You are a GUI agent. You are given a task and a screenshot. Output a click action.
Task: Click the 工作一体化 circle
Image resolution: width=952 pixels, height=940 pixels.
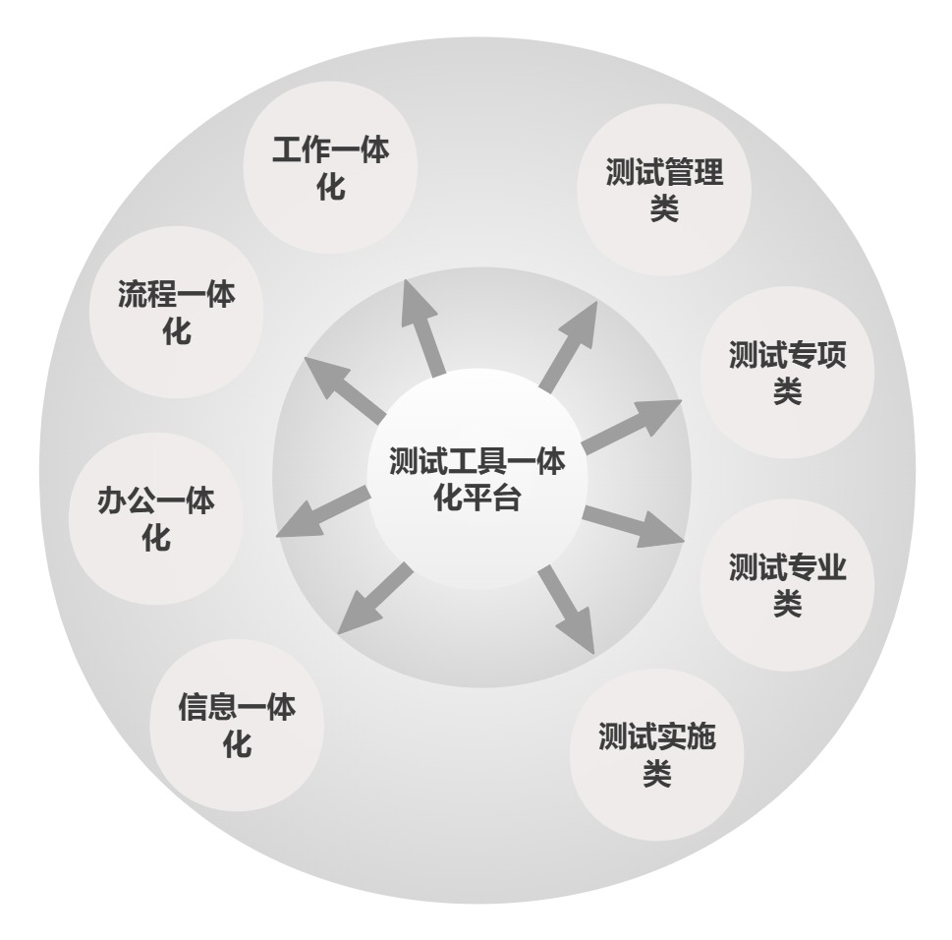point(330,168)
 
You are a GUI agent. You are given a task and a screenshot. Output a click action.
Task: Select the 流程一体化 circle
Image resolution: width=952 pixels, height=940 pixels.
point(176,313)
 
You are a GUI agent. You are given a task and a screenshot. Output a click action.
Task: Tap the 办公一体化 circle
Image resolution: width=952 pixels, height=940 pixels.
point(155,518)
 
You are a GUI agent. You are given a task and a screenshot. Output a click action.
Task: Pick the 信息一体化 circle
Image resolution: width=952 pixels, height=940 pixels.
point(237,725)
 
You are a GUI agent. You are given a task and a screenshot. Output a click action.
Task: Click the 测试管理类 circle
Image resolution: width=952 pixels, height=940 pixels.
point(664,190)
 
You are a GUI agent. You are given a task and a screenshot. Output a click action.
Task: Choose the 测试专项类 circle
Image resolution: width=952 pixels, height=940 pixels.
point(788,372)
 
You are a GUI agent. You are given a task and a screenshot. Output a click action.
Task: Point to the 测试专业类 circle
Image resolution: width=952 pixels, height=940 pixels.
point(788,584)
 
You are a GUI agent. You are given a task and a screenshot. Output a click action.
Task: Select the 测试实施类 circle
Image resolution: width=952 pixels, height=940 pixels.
point(657,755)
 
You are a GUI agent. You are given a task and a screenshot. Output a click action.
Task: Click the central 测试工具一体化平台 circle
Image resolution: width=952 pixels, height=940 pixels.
point(477,479)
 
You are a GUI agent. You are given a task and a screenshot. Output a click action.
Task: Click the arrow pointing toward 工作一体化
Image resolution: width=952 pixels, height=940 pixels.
point(421,328)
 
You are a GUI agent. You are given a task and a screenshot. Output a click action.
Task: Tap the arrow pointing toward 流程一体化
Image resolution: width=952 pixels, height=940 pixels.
point(344,389)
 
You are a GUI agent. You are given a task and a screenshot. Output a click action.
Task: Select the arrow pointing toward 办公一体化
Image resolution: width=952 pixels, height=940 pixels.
point(322,511)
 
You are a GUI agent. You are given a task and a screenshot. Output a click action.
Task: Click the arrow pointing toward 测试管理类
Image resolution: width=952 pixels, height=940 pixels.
point(568,346)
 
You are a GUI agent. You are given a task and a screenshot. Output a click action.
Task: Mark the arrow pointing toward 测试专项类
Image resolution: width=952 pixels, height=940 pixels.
point(632,427)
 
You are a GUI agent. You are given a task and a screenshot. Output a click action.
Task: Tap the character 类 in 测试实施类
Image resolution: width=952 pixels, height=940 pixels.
point(657,774)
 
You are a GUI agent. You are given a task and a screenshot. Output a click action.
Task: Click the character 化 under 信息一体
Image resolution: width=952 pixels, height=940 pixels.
point(237,743)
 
